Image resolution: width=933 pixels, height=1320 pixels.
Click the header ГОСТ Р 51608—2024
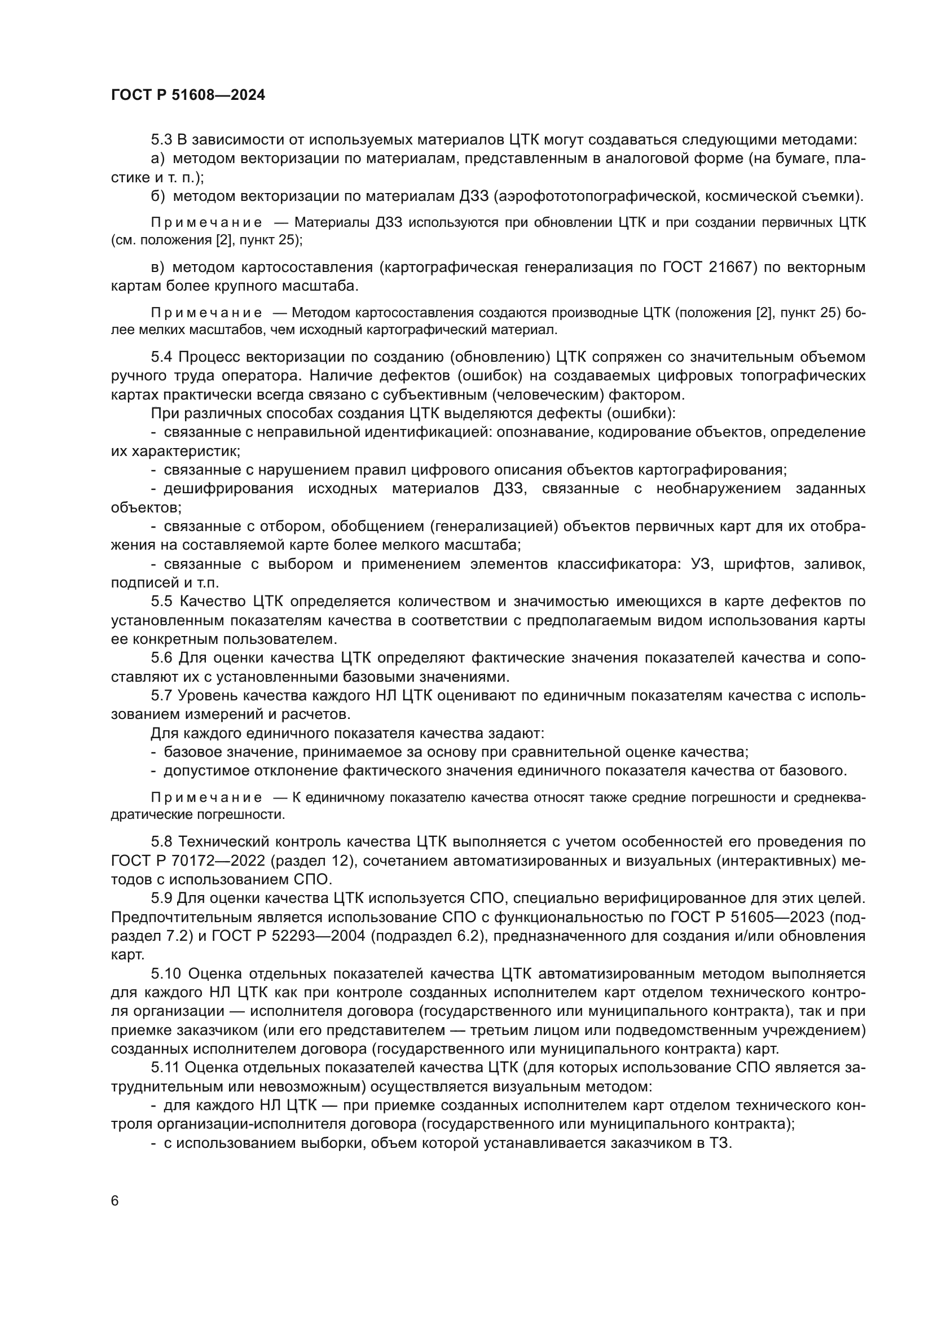pos(188,95)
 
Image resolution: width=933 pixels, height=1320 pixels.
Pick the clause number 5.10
pos(166,973)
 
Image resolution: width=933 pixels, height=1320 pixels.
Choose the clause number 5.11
pos(165,1068)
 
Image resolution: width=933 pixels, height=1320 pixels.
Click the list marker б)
pos(158,196)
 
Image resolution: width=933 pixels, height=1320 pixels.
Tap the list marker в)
pos(157,267)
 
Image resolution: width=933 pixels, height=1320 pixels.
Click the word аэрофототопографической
pos(599,196)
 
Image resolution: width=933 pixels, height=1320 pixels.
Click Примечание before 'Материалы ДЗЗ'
pos(206,223)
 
